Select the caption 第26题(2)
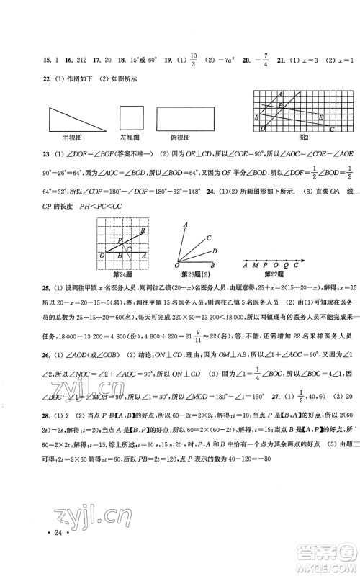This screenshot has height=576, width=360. pyautogui.click(x=191, y=272)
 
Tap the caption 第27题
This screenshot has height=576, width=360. pyautogui.click(x=275, y=272)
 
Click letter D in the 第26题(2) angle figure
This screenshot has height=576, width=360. pyautogui.click(x=214, y=251)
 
